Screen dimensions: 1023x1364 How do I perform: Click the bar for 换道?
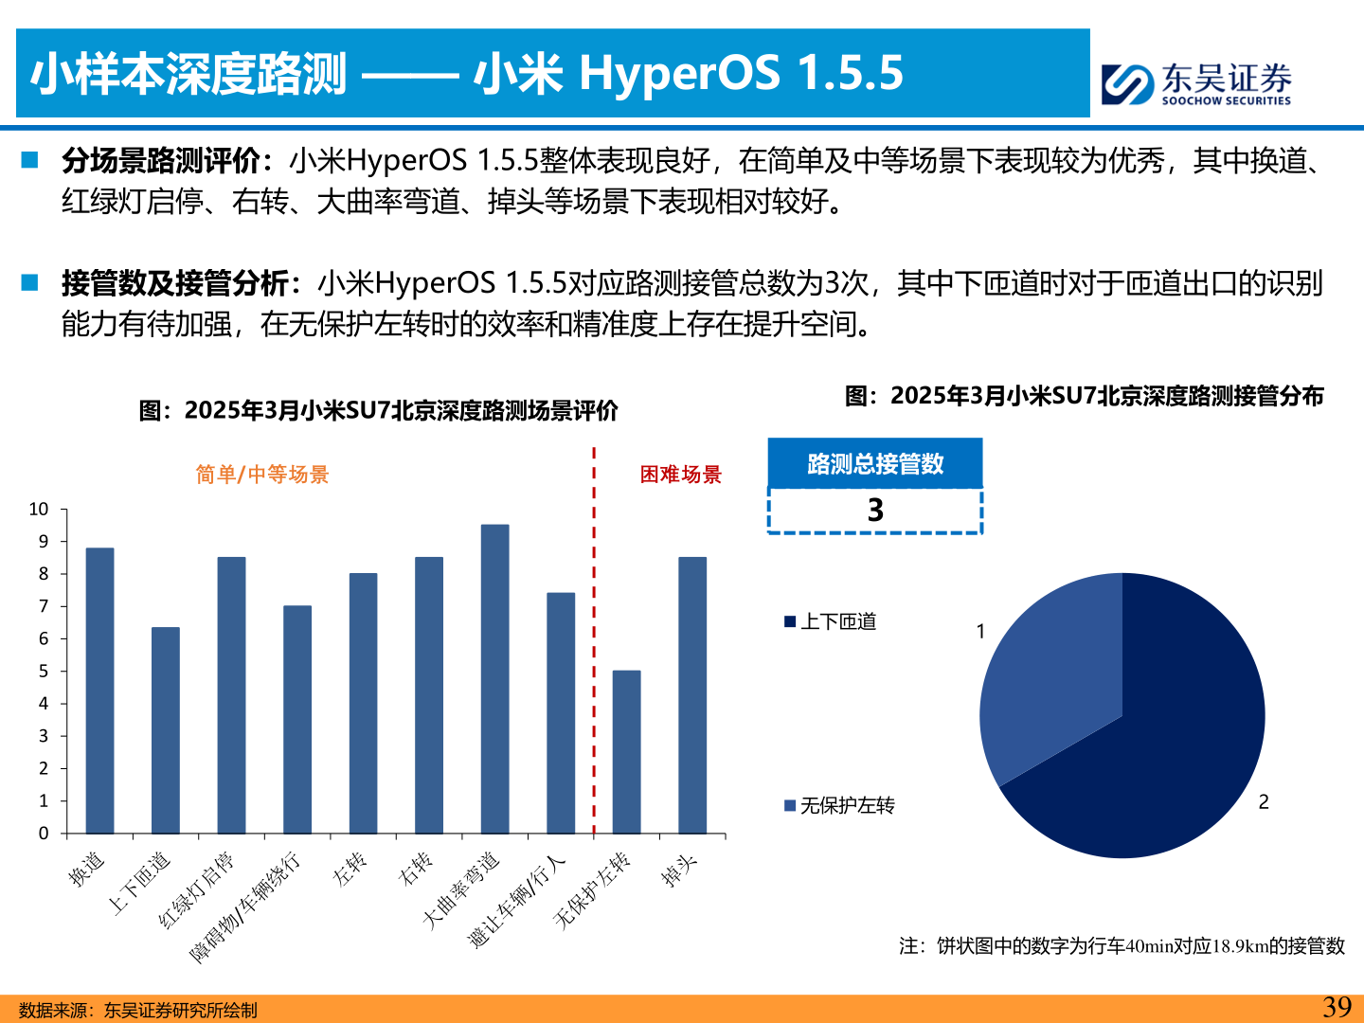click(99, 691)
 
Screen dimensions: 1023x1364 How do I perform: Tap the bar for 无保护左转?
click(626, 752)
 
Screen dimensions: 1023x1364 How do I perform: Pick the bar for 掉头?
click(692, 695)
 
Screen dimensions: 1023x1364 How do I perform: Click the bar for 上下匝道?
click(166, 730)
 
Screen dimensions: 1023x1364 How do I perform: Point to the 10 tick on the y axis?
click(39, 510)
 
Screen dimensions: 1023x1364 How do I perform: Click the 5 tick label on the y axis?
click(44, 672)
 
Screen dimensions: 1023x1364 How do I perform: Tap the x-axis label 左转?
click(350, 869)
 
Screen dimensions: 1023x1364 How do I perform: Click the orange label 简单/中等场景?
click(262, 475)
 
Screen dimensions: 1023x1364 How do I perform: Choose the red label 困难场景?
click(680, 475)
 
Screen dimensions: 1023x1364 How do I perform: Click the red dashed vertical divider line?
click(594, 644)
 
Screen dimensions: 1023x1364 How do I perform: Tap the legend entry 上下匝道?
click(831, 621)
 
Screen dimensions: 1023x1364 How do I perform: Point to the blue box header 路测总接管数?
click(875, 464)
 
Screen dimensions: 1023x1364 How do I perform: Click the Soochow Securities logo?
click(1195, 83)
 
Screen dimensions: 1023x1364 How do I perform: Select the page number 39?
click(1337, 1007)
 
